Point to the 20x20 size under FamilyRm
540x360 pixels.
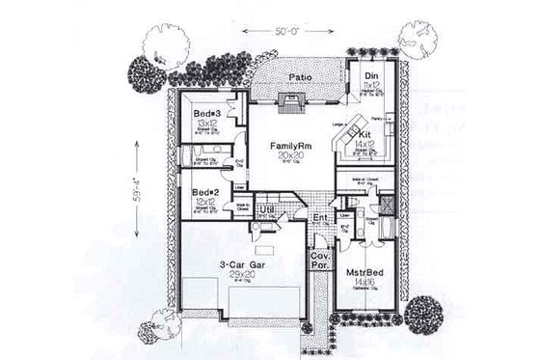pos(287,154)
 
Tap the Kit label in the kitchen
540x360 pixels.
pos(366,133)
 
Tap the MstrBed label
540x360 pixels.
pos(366,284)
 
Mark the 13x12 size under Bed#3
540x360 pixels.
pos(205,125)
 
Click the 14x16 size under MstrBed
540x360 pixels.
pos(366,295)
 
